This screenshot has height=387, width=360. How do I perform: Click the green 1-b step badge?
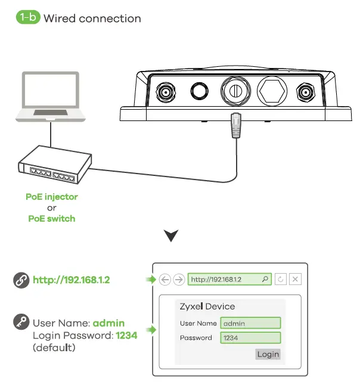pyautogui.click(x=27, y=17)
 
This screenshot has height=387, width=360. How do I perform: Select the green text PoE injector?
pyautogui.click(x=52, y=196)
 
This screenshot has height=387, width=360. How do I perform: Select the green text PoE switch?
pyautogui.click(x=52, y=218)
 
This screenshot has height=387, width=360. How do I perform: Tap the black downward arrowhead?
pyautogui.click(x=171, y=237)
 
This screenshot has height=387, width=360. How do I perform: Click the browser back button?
pyautogui.click(x=165, y=279)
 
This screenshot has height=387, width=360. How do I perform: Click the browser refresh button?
pyautogui.click(x=281, y=279)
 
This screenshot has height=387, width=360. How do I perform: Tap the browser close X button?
pyautogui.click(x=296, y=279)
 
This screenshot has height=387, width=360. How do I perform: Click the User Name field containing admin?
pyautogui.click(x=250, y=323)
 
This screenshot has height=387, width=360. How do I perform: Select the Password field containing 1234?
pyautogui.click(x=250, y=338)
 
